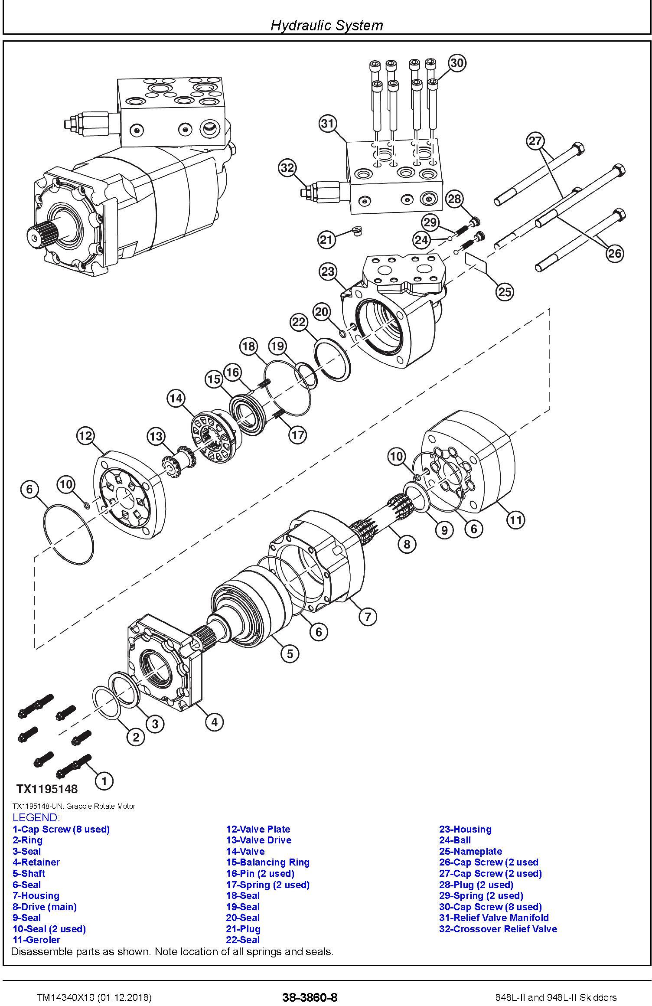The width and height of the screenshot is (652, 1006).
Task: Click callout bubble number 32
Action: click(287, 168)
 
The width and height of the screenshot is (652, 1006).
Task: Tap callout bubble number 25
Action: click(505, 292)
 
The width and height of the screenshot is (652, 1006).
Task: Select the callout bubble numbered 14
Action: click(176, 398)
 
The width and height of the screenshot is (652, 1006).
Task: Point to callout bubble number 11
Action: click(515, 519)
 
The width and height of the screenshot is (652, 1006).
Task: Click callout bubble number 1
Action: click(104, 781)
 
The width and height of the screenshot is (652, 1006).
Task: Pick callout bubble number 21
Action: click(326, 240)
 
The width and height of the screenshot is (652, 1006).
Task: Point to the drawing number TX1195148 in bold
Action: click(47, 788)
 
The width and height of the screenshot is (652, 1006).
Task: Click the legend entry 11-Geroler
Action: click(36, 940)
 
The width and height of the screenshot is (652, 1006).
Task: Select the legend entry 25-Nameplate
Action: click(470, 851)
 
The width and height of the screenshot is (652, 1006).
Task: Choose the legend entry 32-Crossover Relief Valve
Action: click(498, 929)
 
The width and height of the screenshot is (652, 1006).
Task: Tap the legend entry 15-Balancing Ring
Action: click(267, 862)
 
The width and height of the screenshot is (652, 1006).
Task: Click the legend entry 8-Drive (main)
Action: click(44, 907)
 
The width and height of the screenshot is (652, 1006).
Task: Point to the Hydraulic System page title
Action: click(326, 25)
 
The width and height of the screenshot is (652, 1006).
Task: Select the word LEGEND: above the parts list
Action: click(36, 818)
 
